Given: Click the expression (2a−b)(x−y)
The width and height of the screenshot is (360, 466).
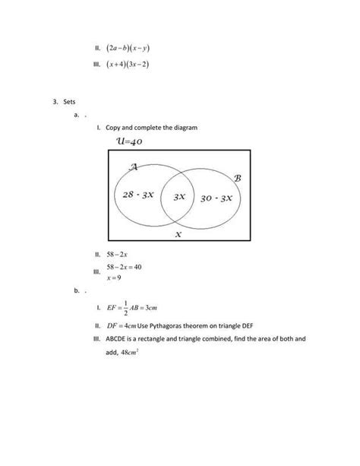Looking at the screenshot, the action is coord(127,47).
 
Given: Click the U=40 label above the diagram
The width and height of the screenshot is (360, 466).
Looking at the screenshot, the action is coord(130,142).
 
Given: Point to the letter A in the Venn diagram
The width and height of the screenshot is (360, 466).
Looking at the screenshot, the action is coord(133,167).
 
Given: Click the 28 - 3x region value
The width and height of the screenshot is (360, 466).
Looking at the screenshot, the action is coord(138,195).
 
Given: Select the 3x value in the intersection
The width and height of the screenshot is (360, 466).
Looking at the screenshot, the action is coord(179,196).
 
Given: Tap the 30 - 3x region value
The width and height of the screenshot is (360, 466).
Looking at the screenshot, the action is coord(216,198).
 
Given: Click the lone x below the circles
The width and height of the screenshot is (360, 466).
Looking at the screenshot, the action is coord(178,235).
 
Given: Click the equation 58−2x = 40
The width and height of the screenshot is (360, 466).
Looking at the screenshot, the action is coord(125,268).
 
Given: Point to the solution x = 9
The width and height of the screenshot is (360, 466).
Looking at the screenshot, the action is coord(114,277).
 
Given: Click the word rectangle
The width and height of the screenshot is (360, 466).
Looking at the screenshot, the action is coord(157,341).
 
